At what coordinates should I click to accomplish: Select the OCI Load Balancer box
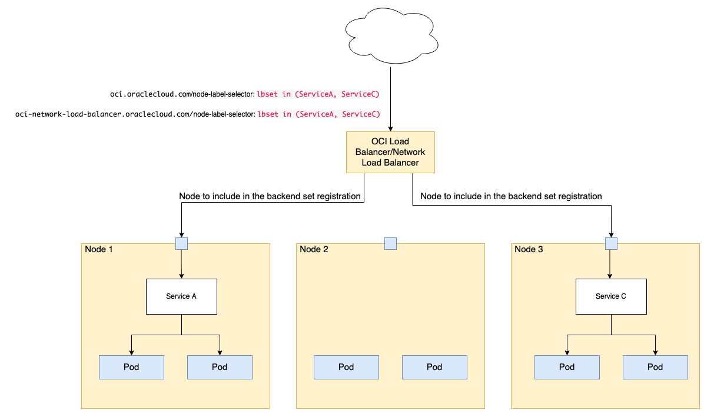coord(390,152)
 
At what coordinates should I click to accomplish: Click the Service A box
coord(181,296)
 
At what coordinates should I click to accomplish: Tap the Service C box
coord(611,296)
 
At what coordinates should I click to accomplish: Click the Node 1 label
coord(99,249)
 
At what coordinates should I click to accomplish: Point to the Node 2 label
coord(314,249)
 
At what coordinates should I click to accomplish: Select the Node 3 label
coord(529,249)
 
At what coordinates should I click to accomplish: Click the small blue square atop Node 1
coord(181,243)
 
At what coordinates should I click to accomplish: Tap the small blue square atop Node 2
coord(390,243)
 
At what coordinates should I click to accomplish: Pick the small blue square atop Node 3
coord(611,243)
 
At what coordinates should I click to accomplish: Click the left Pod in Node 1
coord(131,367)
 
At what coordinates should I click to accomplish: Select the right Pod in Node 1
coord(220,367)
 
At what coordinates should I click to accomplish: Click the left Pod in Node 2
coord(346,367)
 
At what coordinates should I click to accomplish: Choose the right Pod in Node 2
coord(434,367)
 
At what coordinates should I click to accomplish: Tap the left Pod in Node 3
coord(567,367)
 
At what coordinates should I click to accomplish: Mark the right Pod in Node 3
coord(655,367)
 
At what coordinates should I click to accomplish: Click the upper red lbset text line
coord(318,94)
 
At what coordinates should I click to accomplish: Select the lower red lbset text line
coord(318,114)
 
